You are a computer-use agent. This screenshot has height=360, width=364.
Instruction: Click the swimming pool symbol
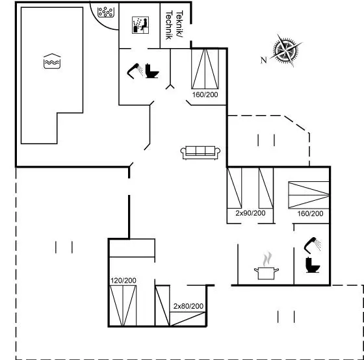coord(52,61)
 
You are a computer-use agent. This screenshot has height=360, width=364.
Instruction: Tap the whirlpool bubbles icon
coord(105,12)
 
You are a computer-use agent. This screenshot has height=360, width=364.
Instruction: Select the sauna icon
coord(140,25)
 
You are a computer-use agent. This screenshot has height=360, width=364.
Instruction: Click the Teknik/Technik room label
coord(174,25)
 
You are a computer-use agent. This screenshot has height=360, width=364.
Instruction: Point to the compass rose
coord(285,50)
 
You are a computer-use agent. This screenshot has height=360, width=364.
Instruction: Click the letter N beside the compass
coord(263,60)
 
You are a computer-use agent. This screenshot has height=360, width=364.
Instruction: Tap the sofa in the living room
coord(200,153)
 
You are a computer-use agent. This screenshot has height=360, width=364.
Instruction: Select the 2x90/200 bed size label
coord(250,213)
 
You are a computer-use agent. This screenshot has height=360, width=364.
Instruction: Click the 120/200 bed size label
coord(123,281)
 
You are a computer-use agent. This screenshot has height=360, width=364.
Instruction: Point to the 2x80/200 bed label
coord(188,306)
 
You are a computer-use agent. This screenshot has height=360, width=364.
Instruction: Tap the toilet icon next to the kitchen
coord(313,265)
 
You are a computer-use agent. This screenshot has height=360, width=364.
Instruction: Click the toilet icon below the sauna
coord(152,71)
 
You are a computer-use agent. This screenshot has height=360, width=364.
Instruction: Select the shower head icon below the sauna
coord(135,71)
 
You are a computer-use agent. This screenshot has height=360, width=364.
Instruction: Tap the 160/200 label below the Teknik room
coord(205,95)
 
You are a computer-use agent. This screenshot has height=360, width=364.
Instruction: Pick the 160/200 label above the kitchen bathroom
coord(311,214)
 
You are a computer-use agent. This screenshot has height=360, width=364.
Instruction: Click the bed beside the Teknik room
coord(205,69)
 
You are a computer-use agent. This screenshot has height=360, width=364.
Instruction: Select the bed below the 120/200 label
coord(123,305)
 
